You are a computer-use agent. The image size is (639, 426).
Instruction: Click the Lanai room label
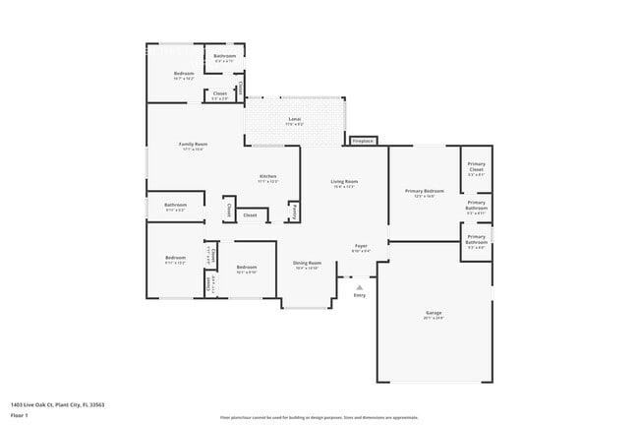point(295,120)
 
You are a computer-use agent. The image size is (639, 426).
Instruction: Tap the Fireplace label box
point(364,141)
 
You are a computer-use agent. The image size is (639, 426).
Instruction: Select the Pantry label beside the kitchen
point(293,211)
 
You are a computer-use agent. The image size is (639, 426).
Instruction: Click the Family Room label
point(192,146)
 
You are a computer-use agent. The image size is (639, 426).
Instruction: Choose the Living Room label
point(343,183)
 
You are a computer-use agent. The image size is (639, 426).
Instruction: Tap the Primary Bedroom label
point(424,193)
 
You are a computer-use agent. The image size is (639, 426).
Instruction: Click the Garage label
point(434,315)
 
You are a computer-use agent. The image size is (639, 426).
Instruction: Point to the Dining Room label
point(307,264)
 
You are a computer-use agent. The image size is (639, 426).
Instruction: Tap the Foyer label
point(361,248)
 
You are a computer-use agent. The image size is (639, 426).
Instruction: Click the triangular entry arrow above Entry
point(359,287)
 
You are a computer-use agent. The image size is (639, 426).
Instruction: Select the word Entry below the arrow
point(359,296)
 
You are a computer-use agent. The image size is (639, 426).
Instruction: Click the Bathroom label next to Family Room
point(175,206)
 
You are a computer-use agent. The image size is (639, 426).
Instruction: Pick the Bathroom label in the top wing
point(224,57)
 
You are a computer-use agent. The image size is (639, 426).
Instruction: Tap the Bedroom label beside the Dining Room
point(246,268)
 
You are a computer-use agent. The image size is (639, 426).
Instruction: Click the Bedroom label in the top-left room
point(184,75)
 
